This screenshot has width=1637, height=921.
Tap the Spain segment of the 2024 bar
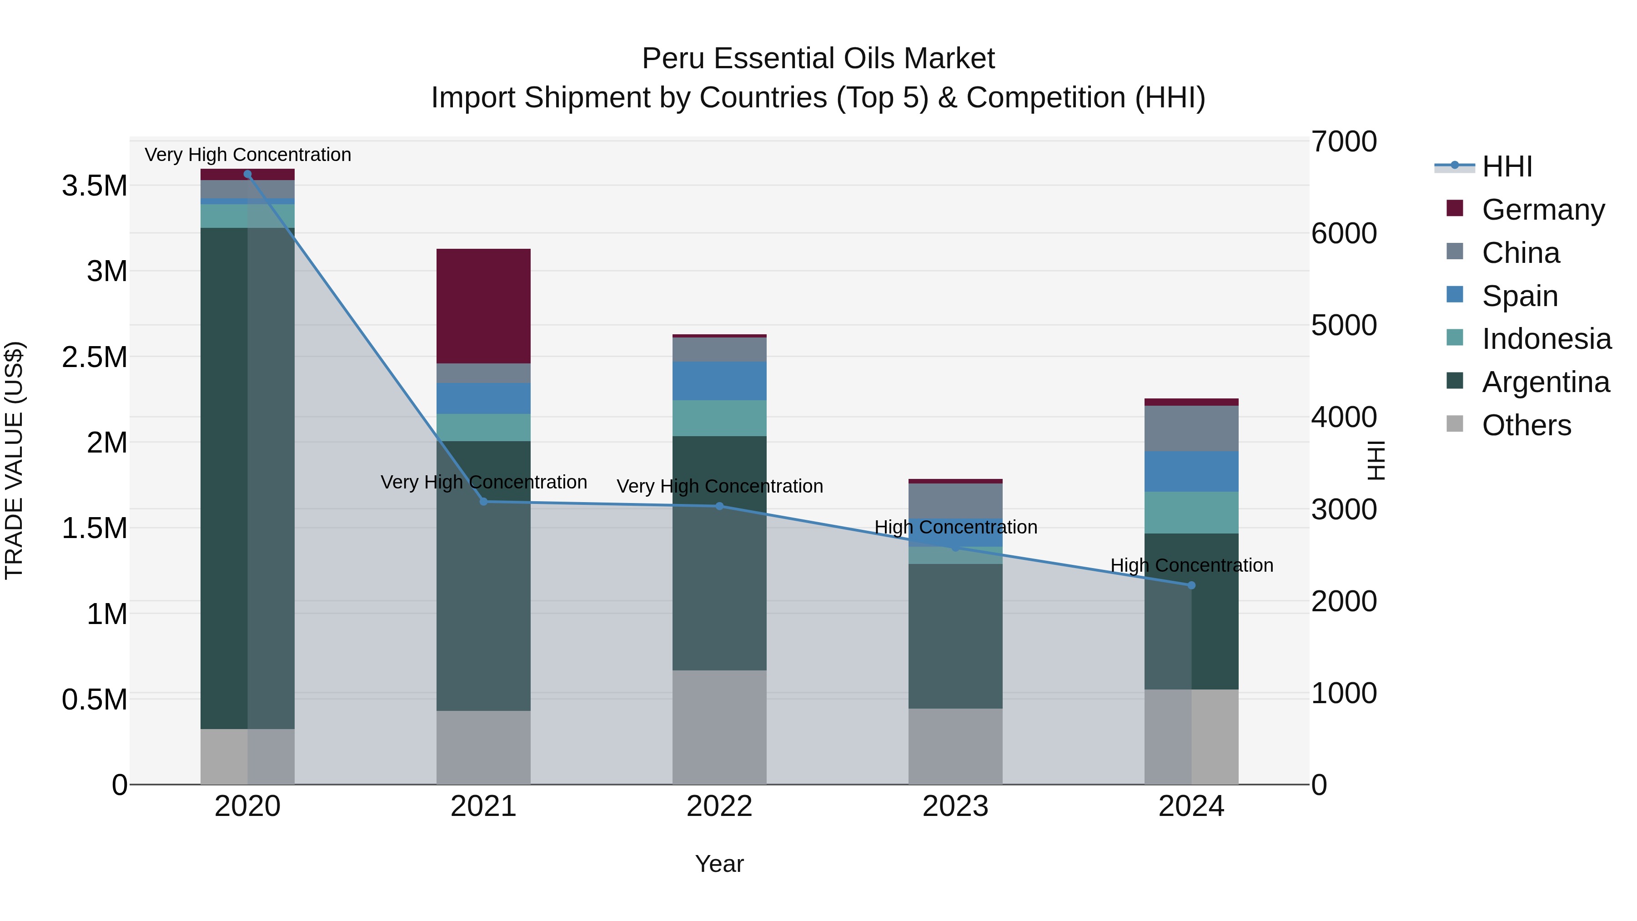(1191, 471)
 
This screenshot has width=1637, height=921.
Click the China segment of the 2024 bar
(1191, 428)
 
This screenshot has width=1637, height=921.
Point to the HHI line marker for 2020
(248, 174)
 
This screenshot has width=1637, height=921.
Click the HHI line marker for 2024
(1191, 585)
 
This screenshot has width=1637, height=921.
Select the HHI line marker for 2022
(719, 506)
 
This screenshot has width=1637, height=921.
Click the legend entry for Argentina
(1546, 382)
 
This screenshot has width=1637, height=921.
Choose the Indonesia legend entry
(1546, 339)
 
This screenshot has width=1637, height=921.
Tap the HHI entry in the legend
(1507, 166)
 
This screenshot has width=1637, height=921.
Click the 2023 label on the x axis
(955, 806)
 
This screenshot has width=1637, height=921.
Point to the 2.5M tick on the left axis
(94, 357)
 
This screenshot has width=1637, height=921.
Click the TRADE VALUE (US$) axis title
(14, 460)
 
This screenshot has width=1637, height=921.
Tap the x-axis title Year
(719, 864)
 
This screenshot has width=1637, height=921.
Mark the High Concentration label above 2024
(1191, 565)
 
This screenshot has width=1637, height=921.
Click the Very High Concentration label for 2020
(248, 155)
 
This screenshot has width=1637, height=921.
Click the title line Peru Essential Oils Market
(818, 59)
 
